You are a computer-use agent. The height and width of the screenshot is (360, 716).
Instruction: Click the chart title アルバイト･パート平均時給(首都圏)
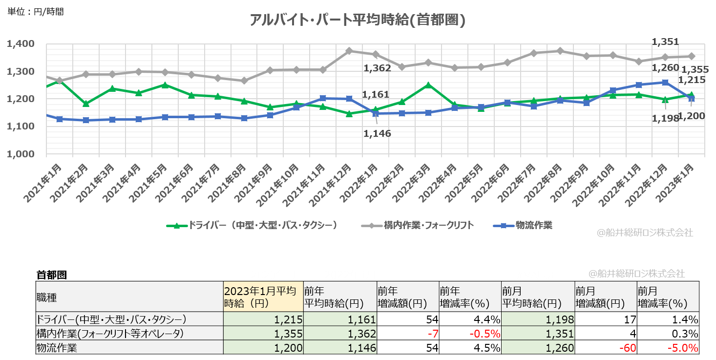pos(357,20)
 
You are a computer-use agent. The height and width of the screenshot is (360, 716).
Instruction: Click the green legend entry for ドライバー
pos(252,225)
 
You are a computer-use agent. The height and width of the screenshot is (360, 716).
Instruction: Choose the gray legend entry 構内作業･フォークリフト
pos(418,225)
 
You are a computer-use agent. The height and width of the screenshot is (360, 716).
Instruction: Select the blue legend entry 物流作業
pos(523,225)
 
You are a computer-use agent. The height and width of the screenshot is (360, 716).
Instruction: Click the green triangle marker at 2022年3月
pos(429,85)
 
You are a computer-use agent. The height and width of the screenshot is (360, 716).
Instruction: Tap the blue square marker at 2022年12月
pos(665,83)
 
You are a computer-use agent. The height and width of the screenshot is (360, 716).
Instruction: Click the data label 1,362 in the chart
pos(377,68)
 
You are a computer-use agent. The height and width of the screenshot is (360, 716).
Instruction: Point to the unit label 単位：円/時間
pos(36,11)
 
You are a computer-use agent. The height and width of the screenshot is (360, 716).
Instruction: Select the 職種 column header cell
pos(129,296)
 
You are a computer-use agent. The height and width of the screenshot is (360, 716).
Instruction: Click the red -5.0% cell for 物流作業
pos(668,348)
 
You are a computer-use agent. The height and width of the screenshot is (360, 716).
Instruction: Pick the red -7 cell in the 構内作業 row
pos(408,334)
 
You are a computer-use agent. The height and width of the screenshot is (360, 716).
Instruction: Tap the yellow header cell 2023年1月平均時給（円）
pos(263,296)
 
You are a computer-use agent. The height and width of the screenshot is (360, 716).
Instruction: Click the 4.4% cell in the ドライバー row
pos(470,320)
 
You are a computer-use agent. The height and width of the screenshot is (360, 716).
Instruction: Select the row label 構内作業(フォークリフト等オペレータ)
pos(110,334)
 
